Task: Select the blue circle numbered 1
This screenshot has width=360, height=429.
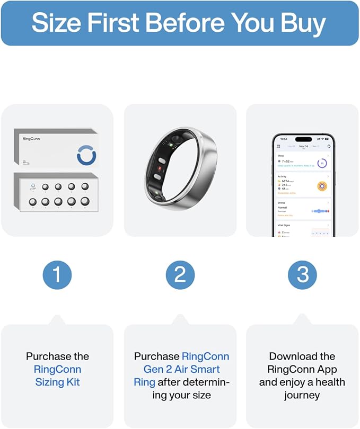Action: click(57, 274)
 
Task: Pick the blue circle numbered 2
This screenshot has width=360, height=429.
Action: click(180, 274)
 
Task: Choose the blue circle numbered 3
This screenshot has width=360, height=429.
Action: click(302, 274)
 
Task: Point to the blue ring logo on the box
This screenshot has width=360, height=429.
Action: click(86, 156)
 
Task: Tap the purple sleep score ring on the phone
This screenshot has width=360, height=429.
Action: click(322, 164)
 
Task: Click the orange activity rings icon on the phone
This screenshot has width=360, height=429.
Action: click(321, 185)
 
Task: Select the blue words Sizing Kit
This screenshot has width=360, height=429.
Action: click(57, 382)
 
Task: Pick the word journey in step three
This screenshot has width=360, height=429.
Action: click(302, 395)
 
